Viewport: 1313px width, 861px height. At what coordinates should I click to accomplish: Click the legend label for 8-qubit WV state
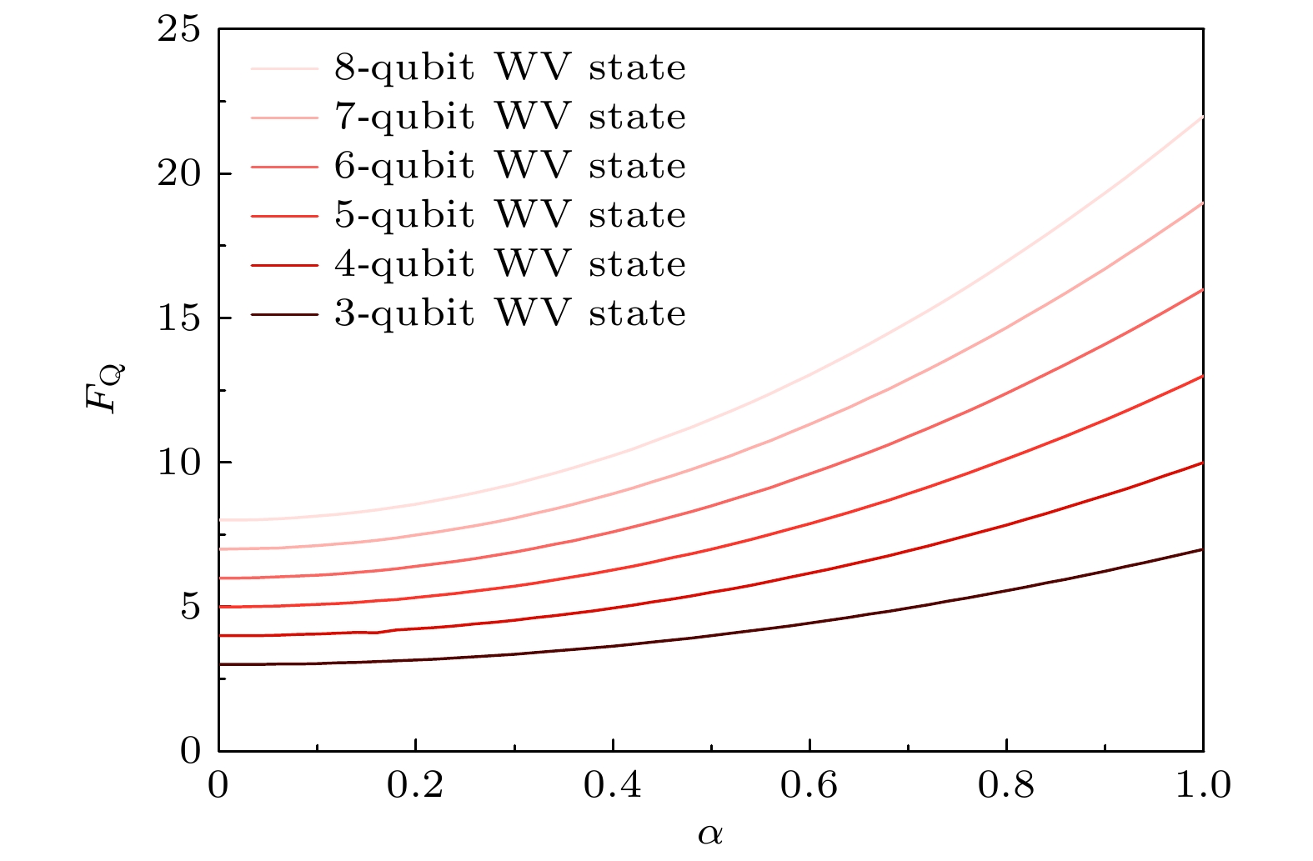[510, 68]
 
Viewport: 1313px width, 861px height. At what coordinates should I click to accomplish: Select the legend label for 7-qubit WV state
[510, 117]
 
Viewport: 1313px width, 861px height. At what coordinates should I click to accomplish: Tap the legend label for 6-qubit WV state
[510, 166]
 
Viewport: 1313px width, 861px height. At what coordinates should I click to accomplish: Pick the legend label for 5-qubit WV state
[510, 215]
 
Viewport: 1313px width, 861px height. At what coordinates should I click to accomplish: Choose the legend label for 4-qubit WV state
[510, 264]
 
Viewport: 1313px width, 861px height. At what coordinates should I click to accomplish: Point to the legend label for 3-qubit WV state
[510, 313]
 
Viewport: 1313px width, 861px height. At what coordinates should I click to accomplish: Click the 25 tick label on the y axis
[179, 30]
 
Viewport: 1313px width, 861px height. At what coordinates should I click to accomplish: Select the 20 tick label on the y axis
[179, 174]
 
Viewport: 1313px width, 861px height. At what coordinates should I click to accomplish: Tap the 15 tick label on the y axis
[179, 318]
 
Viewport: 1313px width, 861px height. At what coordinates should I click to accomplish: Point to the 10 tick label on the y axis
[179, 463]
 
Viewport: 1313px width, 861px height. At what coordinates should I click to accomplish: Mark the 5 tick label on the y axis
[191, 607]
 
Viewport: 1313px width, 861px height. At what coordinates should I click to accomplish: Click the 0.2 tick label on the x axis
[415, 786]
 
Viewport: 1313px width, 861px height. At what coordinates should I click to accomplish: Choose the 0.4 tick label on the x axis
[613, 786]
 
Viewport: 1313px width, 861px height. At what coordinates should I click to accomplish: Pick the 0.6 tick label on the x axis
[809, 786]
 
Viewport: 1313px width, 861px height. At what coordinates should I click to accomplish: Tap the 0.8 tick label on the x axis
[1006, 786]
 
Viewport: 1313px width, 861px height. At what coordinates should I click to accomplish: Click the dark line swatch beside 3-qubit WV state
[284, 314]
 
